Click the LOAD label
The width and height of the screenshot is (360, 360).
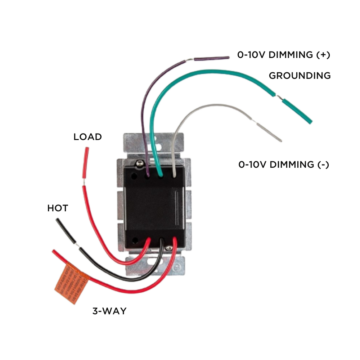coord(87,137)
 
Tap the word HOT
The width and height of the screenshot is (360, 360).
coord(58,208)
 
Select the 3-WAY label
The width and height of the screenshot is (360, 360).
coord(109,311)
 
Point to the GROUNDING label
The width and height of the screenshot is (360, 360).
coord(300,76)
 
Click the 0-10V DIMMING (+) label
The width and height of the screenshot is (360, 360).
coord(284,55)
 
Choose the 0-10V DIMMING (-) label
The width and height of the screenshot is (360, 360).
coord(284,165)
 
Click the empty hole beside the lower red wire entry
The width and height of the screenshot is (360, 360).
coord(135,240)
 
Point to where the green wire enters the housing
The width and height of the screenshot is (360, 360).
coord(160,175)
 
